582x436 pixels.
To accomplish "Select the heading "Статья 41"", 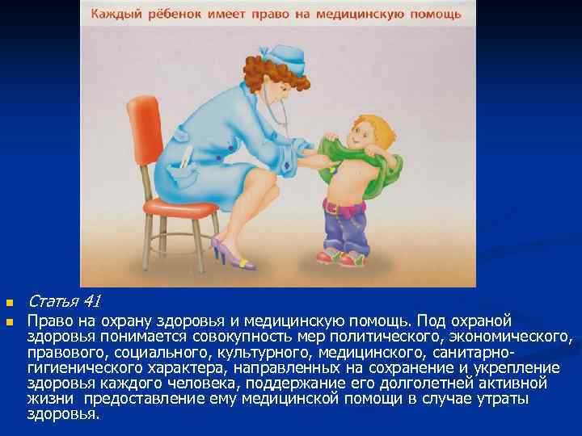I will (64, 302).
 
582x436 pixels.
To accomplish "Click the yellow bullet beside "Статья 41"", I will (10, 304).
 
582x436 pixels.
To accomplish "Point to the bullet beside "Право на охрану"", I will (10, 321).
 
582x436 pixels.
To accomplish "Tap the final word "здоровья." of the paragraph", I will (64, 414).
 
